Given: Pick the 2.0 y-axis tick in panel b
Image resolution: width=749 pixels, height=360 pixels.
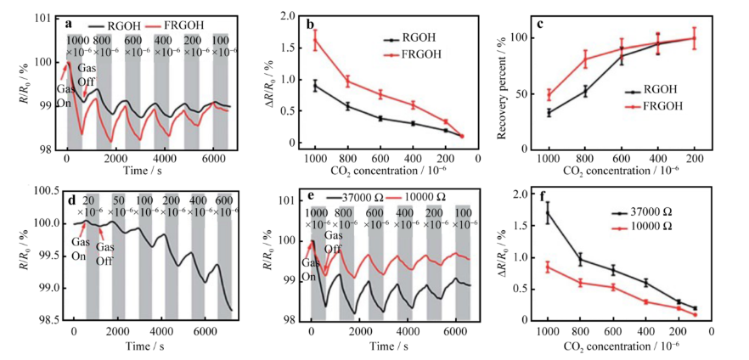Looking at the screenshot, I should pyautogui.click(x=286, y=16).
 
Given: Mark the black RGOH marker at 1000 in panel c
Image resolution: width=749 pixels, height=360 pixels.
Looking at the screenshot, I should pyautogui.click(x=549, y=112).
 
